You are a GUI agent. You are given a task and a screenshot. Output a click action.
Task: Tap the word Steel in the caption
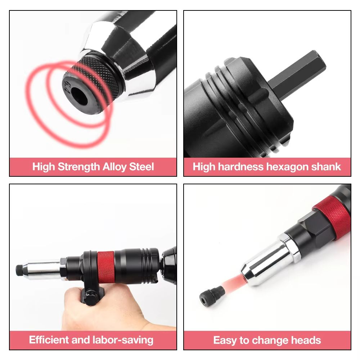144,167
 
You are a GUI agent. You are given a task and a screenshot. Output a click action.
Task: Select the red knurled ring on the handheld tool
105,265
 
